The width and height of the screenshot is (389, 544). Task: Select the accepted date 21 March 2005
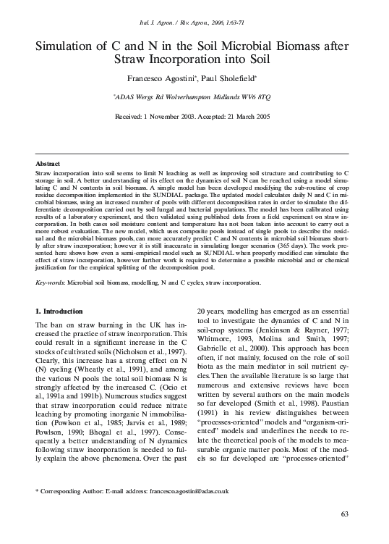coord(247,116)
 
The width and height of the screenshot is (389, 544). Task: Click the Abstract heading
coord(48,165)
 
